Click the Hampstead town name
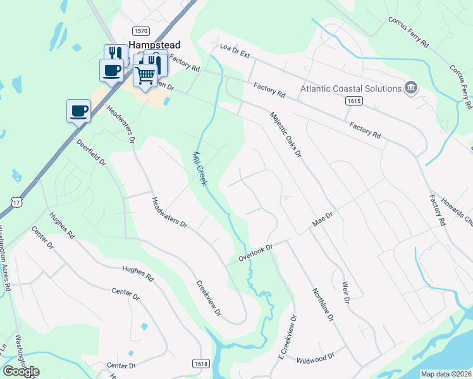coord(154,45)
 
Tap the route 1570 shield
coord(140,31)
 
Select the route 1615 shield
coord(353,101)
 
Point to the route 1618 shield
coord(200,363)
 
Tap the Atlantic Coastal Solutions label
coord(351,88)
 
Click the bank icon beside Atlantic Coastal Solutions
coord(411,88)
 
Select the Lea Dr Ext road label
coord(235,51)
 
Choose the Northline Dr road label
coord(322,303)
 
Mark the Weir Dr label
coord(346,292)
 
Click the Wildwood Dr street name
coord(316,359)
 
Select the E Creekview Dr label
coord(288,339)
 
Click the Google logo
coord(21,371)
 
